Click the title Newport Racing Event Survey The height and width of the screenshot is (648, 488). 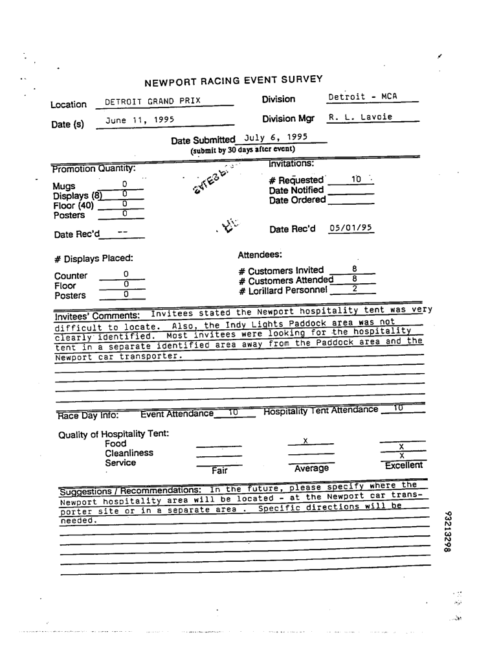coord(233,81)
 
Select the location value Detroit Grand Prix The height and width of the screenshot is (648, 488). coord(153,102)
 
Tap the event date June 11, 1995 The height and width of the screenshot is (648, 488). coord(136,120)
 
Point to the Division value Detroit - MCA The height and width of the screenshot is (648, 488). coord(362,97)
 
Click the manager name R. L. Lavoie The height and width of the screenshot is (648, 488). coord(360,117)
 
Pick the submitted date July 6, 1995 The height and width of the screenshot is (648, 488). coord(276,137)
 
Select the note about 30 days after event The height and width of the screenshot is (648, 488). coord(238,150)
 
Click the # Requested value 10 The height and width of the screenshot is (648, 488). coord(356,178)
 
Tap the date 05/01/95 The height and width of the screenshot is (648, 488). coord(351,228)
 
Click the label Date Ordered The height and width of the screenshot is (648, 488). coord(297,200)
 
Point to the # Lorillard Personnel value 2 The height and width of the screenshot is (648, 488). coord(355,288)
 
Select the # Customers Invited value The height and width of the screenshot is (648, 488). coord(355,268)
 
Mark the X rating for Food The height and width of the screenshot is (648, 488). coord(305,441)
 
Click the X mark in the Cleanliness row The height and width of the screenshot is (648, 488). coord(402,456)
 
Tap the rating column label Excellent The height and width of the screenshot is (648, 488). coord(403,466)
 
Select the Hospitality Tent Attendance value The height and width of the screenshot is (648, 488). coord(398,408)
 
